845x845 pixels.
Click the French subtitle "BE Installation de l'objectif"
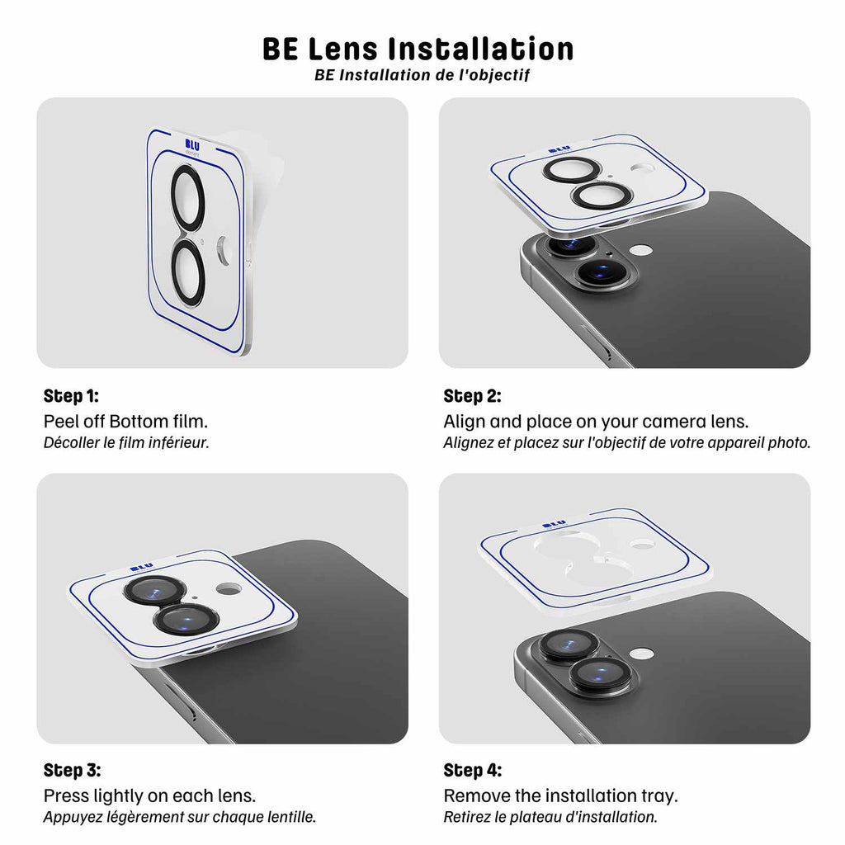[x=422, y=75]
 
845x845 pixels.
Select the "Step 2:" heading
[x=472, y=396]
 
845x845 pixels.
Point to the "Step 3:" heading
[x=72, y=771]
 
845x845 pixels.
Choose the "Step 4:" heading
[x=472, y=771]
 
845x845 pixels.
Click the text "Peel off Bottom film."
[x=125, y=421]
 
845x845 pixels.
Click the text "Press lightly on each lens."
[x=149, y=796]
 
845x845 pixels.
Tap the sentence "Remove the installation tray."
[x=560, y=796]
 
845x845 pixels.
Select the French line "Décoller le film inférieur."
[x=126, y=442]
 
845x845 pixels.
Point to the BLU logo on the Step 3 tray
[x=141, y=567]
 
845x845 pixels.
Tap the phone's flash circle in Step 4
[x=641, y=653]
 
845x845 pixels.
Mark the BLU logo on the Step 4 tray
[x=554, y=523]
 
